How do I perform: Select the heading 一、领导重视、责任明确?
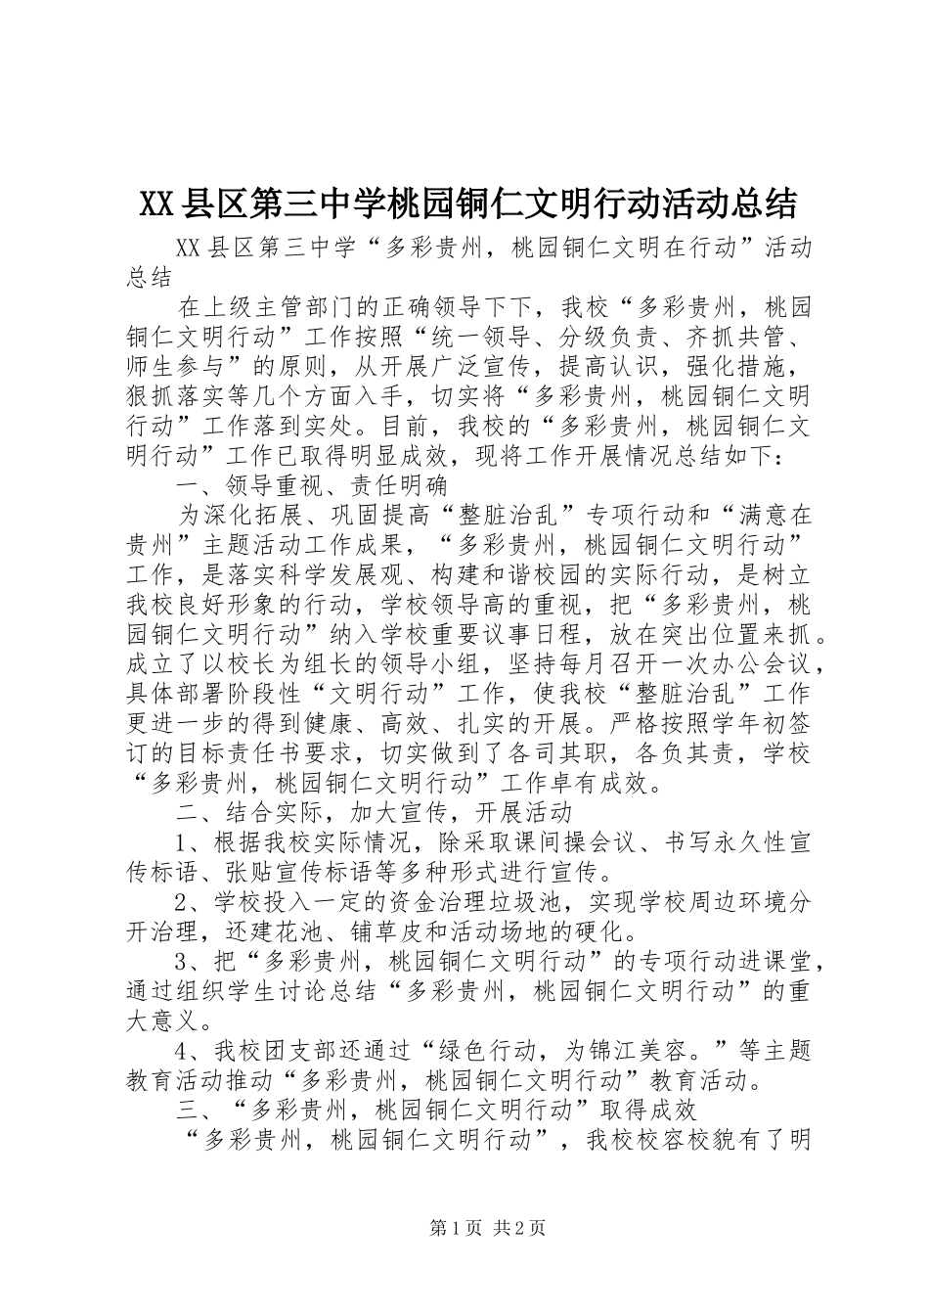[311, 485]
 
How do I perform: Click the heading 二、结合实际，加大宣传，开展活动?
[374, 813]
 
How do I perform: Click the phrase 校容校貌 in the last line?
[657, 1139]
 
